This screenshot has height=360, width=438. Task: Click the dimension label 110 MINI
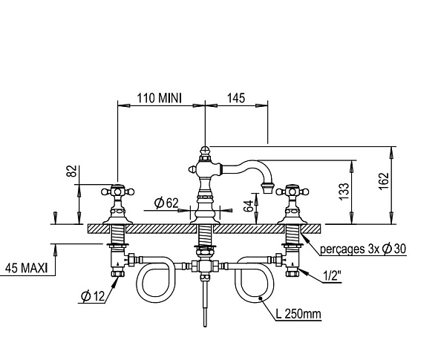point(159,98)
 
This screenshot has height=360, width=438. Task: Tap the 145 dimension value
point(236,98)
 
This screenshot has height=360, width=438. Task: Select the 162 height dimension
point(384,181)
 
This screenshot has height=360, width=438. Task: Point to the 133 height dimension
point(344,191)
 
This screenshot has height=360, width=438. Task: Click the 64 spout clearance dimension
point(249,206)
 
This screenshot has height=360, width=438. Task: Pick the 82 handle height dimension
point(71,171)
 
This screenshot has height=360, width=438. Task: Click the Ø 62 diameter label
point(166,203)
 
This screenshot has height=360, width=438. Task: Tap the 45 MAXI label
point(27,268)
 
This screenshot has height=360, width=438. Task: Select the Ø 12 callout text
point(93,296)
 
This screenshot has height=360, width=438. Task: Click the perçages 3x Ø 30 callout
point(363,249)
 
